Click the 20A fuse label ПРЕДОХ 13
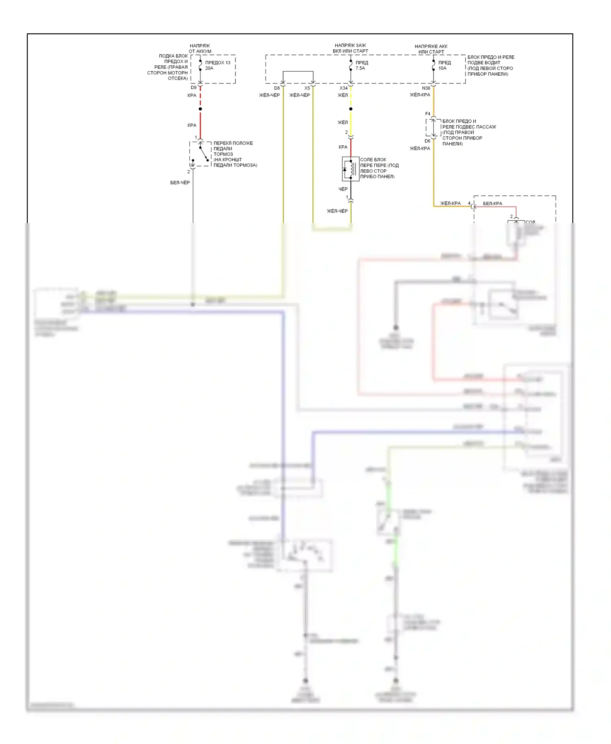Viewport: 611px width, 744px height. tap(218, 63)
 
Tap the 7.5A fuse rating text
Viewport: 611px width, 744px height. tap(360, 68)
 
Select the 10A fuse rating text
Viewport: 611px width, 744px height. tap(442, 68)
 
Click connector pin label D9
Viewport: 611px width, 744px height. tap(193, 88)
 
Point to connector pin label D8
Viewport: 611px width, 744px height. tap(277, 88)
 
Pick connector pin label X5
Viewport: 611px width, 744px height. tap(307, 88)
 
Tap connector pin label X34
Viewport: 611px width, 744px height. tap(344, 88)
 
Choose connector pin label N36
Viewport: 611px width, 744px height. tap(426, 88)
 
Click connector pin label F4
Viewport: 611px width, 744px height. tap(428, 114)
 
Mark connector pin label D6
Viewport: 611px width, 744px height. tap(427, 141)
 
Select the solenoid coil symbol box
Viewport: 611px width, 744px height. tap(350, 169)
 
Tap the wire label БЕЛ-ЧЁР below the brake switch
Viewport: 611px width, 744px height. tap(180, 183)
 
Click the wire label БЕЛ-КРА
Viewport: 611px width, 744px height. tap(492, 204)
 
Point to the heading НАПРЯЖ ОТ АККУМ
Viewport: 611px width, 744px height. tap(200, 49)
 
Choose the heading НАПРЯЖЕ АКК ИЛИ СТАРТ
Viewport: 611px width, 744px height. tap(431, 49)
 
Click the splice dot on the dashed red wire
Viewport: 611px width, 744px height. tap(200, 109)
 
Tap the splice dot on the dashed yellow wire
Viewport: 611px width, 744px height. tap(351, 109)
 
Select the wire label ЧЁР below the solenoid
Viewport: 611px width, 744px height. tap(343, 189)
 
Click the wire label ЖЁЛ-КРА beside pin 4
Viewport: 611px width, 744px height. tap(451, 204)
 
